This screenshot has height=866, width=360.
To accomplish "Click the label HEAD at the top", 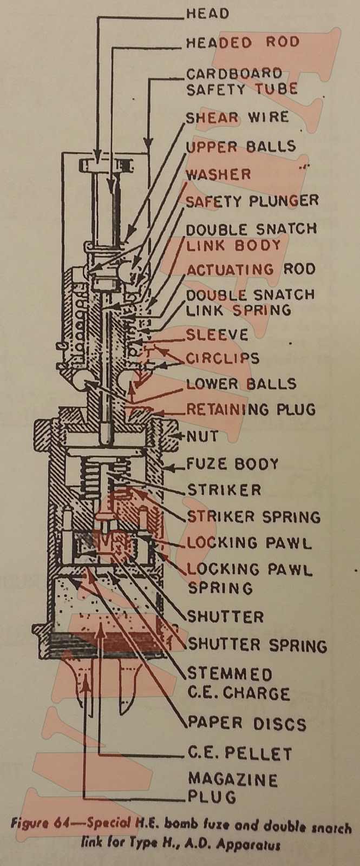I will pos(207,14).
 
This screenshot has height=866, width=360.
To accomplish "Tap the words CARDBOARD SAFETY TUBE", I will pos(241,82).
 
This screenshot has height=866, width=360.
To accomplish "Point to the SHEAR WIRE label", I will pos(237,117).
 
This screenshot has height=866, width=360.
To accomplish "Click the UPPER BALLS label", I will pos(241,147).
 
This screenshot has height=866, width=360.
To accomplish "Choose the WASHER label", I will pos(219,174).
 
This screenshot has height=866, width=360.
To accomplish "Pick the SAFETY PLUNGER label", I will pos(252,201).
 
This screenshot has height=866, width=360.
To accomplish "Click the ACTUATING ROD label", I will pos(251,269).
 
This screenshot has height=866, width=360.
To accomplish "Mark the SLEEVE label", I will pos(217,334).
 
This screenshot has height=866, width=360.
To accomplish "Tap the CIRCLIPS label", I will pos(222,358).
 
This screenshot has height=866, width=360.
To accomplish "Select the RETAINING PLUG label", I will pos(251,409).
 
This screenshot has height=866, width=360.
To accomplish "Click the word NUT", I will pos(203,436).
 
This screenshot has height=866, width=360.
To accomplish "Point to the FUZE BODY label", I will pos(233,463).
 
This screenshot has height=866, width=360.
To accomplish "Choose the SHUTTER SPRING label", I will pos(257,645).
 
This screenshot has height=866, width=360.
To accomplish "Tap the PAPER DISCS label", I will pos(246,724).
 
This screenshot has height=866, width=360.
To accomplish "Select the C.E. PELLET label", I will pos(239,753).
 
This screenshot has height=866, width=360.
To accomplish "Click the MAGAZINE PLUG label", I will pos(233,788).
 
